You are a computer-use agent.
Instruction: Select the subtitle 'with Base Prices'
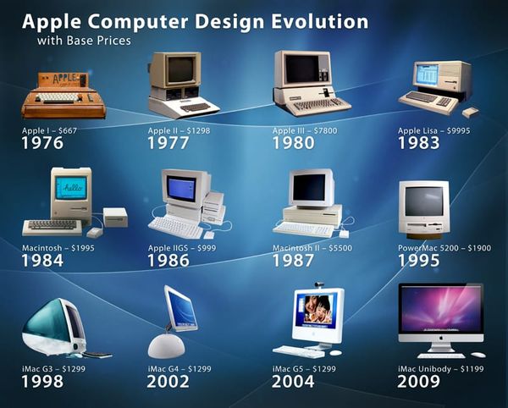coord(83,40)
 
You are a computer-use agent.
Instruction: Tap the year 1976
coord(42,143)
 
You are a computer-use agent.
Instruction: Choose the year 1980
coord(293,143)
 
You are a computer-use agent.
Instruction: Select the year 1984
coord(42,260)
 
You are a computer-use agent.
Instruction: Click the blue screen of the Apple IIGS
coord(181,188)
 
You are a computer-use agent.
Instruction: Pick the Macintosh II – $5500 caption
coord(308,247)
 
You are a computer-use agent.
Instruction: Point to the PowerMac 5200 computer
coord(423,207)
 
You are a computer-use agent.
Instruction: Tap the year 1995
coord(419,260)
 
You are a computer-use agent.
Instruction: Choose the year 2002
coord(168,381)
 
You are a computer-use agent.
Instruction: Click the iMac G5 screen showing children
coord(317,312)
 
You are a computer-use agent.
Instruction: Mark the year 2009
coord(419,381)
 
